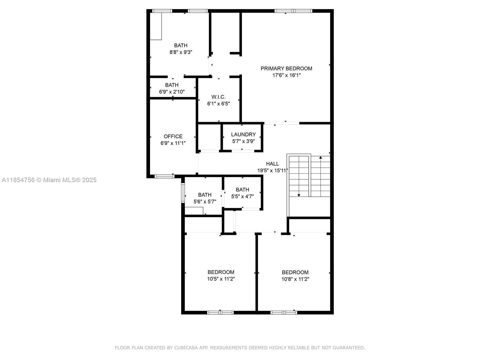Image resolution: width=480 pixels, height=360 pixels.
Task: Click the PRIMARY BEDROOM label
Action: [x=286, y=68]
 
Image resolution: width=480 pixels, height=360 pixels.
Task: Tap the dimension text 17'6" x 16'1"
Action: [x=286, y=75]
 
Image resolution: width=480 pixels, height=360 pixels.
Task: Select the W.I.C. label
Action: [x=218, y=97]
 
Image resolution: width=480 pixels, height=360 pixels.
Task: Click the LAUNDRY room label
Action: [x=243, y=134]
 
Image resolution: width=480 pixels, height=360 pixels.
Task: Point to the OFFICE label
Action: [x=173, y=136]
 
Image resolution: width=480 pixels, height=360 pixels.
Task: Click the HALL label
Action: [x=272, y=164]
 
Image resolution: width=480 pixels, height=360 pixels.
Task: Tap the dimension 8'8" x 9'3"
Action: [x=181, y=52]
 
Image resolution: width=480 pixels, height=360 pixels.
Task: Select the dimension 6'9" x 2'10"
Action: [x=172, y=92]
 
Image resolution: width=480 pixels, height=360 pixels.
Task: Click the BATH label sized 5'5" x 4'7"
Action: [x=242, y=190]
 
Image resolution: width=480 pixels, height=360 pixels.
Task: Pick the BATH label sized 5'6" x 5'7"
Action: [x=205, y=195]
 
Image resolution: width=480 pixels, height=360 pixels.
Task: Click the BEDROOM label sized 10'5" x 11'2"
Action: [x=221, y=272]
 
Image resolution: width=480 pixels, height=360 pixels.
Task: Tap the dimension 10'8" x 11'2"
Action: [x=295, y=279]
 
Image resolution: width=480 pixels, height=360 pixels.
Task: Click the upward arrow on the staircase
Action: [x=320, y=158]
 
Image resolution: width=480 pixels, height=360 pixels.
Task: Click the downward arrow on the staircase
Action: [x=299, y=195]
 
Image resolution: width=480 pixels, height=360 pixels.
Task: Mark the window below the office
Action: [x=164, y=176]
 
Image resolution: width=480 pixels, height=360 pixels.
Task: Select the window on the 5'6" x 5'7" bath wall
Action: [x=183, y=192]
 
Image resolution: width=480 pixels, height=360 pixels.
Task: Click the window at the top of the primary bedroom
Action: [x=293, y=11]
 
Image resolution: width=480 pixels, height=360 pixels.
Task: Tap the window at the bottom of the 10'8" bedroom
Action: [x=283, y=313]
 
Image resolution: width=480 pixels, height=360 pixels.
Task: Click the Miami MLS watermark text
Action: [x=49, y=180]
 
